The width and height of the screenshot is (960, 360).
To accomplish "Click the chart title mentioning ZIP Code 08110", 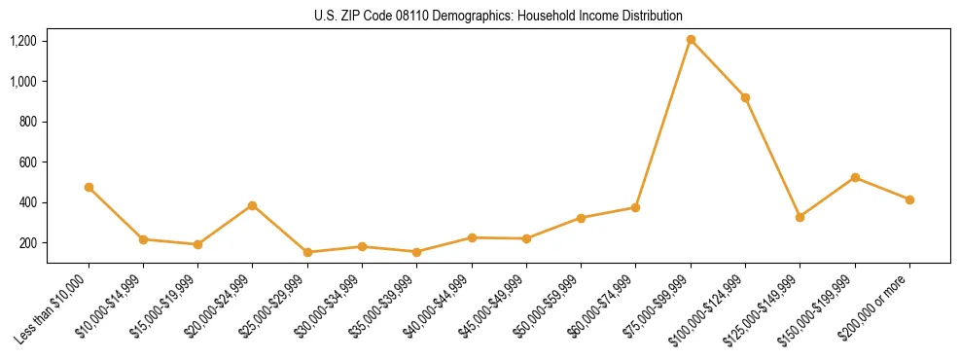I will tap(498, 17).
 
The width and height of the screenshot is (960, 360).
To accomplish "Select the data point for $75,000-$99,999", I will tap(691, 40).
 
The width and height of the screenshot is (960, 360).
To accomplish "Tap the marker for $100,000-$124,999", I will tap(745, 97).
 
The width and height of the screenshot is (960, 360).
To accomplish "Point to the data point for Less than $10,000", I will tap(89, 187).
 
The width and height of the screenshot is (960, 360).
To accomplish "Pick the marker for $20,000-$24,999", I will tap(252, 205).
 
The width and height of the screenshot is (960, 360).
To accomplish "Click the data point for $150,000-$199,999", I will tap(855, 177).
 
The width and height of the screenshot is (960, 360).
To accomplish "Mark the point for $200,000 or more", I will tap(909, 199).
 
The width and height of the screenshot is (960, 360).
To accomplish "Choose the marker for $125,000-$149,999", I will tap(800, 217).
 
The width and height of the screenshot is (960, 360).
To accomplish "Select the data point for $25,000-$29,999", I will tap(307, 252).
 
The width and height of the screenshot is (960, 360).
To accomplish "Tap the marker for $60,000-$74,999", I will tap(635, 207).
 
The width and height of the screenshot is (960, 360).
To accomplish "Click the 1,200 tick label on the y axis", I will tap(23, 41).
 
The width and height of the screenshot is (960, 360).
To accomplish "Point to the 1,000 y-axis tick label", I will tap(23, 82).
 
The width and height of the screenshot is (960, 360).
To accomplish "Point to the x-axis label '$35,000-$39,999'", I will tap(387, 306).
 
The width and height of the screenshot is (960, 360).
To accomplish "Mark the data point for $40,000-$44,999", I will tap(472, 237).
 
